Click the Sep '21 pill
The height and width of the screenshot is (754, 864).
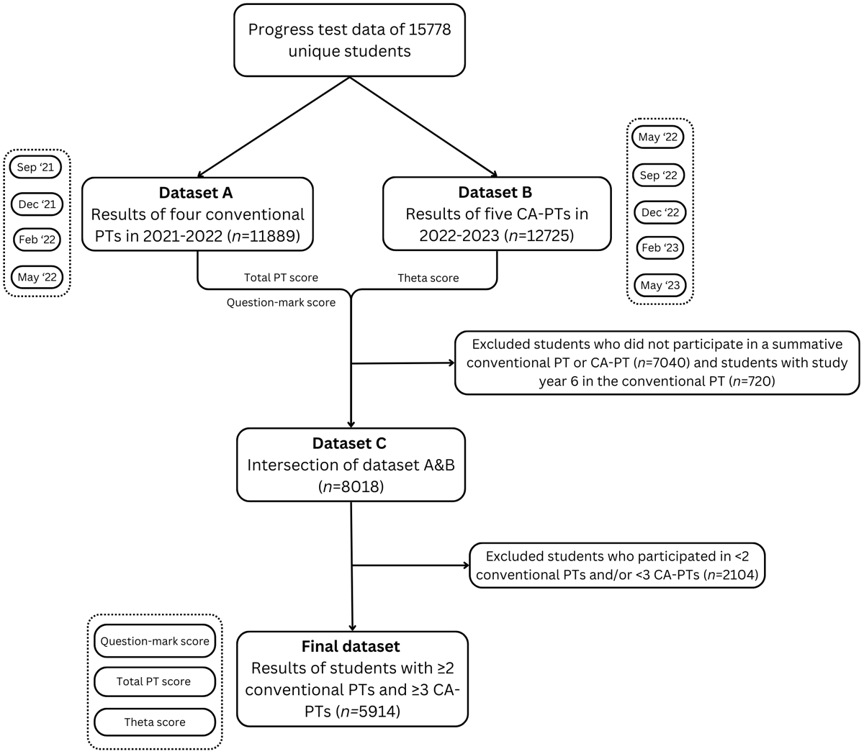[x=36, y=168]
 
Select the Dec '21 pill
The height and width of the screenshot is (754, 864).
[x=37, y=204]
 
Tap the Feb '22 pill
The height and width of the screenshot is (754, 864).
[x=37, y=240]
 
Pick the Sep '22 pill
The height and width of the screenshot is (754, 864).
[x=658, y=175]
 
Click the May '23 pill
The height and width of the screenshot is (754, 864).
[x=660, y=285]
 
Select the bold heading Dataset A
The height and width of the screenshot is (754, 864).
[x=196, y=193]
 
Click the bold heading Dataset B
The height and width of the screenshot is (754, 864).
[x=496, y=193]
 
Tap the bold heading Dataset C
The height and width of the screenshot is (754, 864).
[x=349, y=444]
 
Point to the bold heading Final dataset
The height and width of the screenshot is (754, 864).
[x=351, y=646]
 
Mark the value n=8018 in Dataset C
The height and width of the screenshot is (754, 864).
[x=351, y=486]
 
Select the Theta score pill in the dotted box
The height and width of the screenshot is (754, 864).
[x=154, y=722]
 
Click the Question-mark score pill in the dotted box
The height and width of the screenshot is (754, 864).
[x=154, y=641]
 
